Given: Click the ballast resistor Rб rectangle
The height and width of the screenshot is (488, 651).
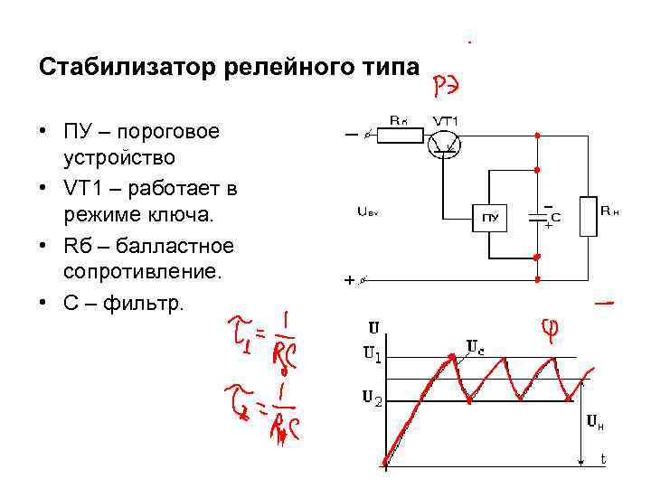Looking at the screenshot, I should pyautogui.click(x=400, y=136).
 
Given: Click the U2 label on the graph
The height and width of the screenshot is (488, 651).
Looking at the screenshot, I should pyautogui.click(x=373, y=399).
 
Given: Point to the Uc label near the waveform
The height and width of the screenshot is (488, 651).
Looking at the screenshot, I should pyautogui.click(x=475, y=346).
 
